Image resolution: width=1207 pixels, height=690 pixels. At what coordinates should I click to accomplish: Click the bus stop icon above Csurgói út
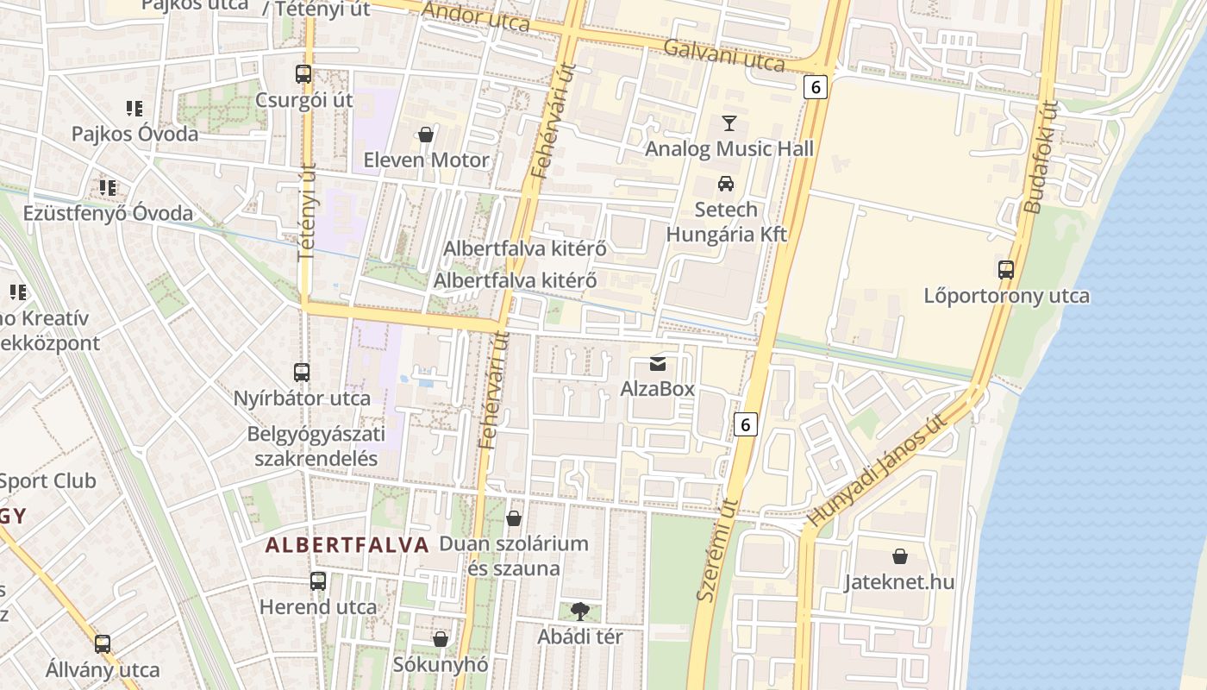click(303, 74)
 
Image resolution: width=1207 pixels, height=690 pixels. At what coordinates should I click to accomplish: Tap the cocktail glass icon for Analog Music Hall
click(729, 123)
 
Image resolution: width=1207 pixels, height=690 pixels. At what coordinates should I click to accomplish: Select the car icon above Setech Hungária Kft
click(726, 184)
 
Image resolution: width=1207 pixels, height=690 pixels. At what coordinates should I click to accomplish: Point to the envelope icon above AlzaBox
click(658, 363)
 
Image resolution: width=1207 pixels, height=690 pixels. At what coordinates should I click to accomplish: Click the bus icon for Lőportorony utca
click(1005, 269)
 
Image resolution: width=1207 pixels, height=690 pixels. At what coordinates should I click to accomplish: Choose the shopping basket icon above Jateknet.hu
click(899, 556)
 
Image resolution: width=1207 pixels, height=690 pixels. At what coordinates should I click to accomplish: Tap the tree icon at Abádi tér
click(579, 611)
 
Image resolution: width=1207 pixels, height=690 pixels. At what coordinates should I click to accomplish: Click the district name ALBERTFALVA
click(347, 545)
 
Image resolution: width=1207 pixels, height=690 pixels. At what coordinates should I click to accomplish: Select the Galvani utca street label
click(723, 56)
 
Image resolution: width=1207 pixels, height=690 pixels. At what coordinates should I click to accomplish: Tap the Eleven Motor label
click(426, 160)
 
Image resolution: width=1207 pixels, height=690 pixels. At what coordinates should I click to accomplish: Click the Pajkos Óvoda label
click(134, 134)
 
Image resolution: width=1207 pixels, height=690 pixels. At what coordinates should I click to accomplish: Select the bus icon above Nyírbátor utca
click(301, 373)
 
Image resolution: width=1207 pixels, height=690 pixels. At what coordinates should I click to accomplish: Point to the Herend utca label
click(318, 606)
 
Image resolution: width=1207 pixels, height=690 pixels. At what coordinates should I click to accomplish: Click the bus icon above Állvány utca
click(103, 643)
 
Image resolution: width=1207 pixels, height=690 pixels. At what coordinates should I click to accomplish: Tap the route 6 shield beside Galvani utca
click(816, 86)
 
